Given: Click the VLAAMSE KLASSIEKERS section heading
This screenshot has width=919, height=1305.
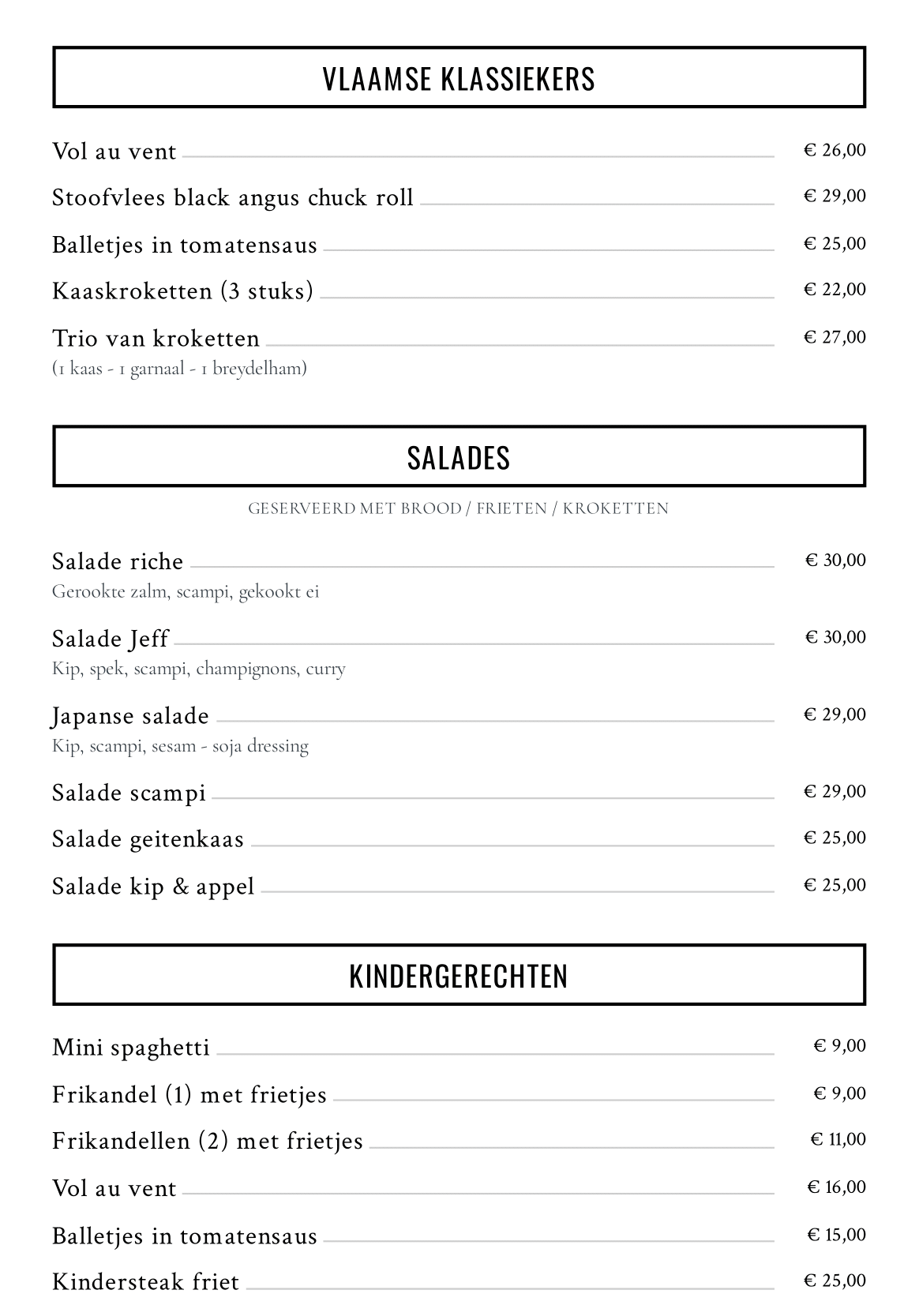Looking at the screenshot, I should (x=459, y=79).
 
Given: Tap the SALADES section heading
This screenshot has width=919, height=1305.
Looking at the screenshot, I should (x=459, y=458).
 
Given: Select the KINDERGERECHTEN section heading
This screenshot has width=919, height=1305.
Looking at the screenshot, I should (x=459, y=976).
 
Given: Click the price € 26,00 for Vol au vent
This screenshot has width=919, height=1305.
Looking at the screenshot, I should (x=835, y=150).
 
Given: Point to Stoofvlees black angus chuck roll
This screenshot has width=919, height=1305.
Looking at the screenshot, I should (x=233, y=197).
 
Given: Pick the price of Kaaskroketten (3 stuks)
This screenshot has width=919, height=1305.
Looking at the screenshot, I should (x=835, y=290).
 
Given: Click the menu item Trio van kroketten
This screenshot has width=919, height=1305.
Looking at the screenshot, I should (x=156, y=338).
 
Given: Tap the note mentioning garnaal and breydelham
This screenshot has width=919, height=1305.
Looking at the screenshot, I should (x=179, y=368).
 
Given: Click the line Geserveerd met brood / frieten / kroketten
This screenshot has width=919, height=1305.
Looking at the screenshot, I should (x=458, y=508).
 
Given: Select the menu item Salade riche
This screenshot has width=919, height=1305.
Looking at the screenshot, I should (x=118, y=561).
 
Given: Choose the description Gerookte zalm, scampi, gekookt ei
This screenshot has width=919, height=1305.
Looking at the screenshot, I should (x=186, y=591).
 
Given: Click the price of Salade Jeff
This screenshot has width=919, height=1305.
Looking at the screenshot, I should (x=835, y=637).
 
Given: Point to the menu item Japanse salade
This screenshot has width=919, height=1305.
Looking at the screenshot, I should (x=130, y=716).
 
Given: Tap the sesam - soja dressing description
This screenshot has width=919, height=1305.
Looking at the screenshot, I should (x=180, y=746).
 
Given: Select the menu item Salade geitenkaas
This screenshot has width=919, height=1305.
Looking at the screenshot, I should (x=148, y=839).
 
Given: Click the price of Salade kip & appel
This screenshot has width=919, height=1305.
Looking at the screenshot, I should (x=835, y=885).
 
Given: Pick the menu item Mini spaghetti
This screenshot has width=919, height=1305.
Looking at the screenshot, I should (x=131, y=1048).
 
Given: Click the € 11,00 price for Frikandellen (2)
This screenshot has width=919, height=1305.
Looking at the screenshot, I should (x=838, y=1139).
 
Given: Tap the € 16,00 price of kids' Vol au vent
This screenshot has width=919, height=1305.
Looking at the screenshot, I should (x=836, y=1187).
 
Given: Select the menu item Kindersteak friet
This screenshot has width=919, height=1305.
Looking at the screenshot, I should (x=145, y=1281).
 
